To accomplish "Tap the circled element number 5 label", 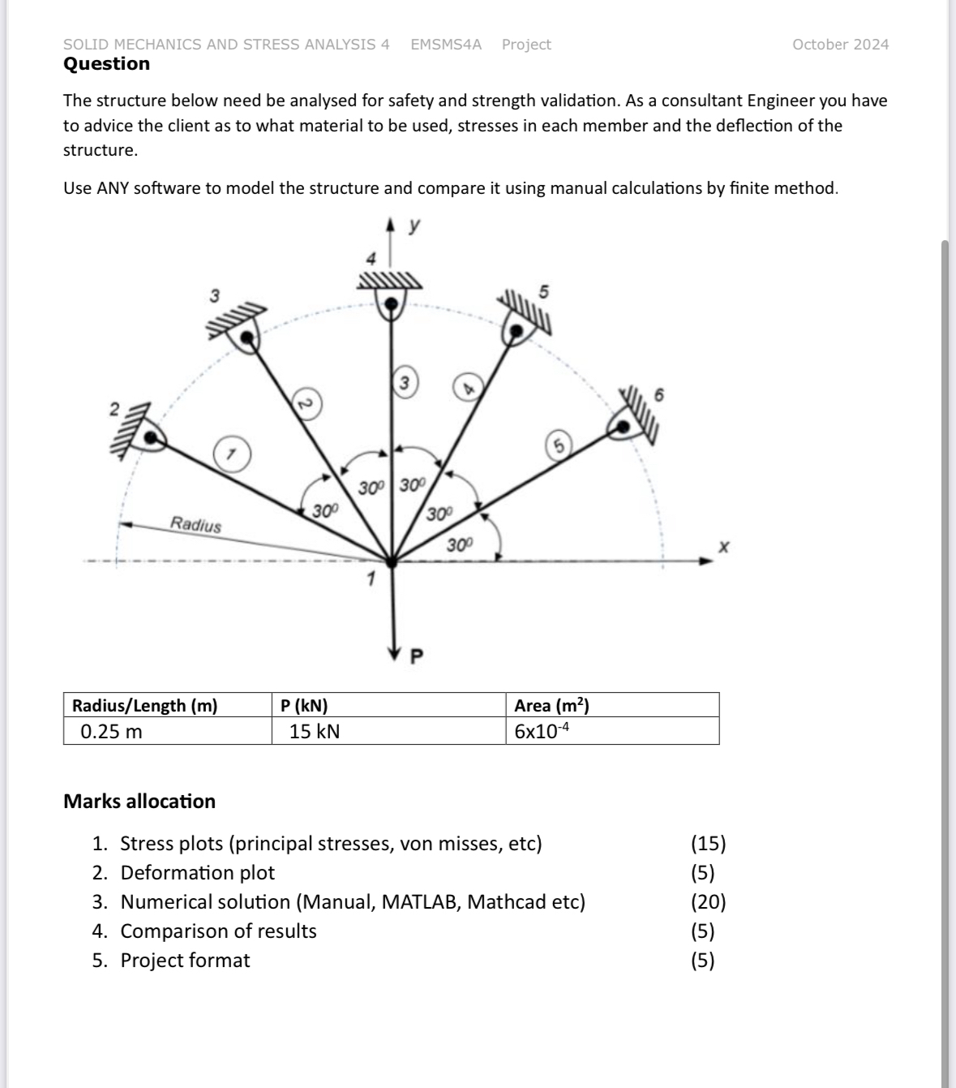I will [559, 445].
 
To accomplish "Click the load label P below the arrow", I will [417, 656].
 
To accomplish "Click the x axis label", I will [723, 548].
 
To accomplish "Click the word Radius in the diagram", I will [195, 524].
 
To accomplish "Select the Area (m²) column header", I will [551, 705].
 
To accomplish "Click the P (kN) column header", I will [304, 705].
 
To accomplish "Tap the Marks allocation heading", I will [139, 801].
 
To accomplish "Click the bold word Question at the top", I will [106, 63].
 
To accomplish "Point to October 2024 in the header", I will [840, 45].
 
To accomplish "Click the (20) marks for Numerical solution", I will [708, 901].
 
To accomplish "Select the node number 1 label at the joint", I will [371, 579].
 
